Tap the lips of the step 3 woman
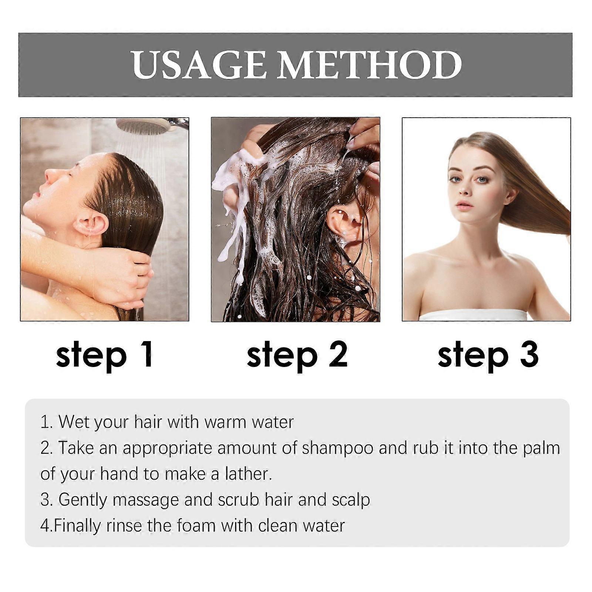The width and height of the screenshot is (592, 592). click(465, 205)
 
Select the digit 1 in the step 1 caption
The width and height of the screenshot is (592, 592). click(147, 354)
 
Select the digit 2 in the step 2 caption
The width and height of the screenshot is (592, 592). click(338, 354)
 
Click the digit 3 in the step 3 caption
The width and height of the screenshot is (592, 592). click(528, 354)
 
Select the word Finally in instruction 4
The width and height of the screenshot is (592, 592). click(77, 526)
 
